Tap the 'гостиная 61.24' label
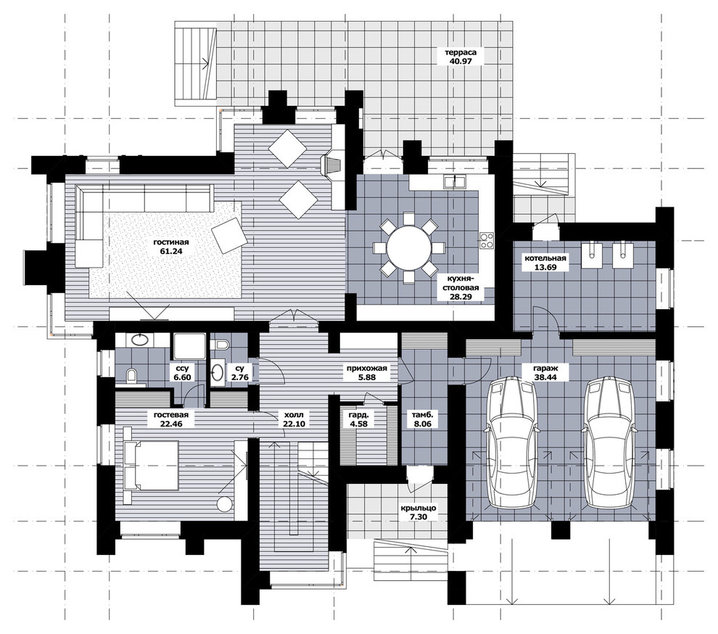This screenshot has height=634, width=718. [x=171, y=247]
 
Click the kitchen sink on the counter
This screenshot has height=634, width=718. [x=454, y=181]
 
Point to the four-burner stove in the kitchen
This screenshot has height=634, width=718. [x=486, y=241]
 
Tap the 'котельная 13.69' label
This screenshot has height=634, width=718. [x=545, y=262]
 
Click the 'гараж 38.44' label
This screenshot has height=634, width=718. [x=545, y=371]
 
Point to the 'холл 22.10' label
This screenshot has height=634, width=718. [x=293, y=419]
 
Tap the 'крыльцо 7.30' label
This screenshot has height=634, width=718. [x=418, y=512]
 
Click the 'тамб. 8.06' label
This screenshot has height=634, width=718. [x=423, y=419]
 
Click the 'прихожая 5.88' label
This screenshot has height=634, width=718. [x=367, y=372]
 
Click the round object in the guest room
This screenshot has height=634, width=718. [x=226, y=504]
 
